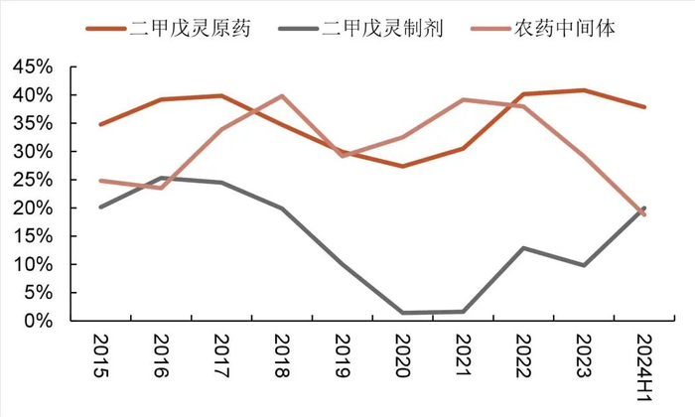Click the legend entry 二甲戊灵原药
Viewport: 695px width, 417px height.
click(x=190, y=28)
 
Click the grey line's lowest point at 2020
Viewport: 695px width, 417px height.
click(x=402, y=313)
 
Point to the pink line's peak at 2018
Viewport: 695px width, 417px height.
click(x=281, y=96)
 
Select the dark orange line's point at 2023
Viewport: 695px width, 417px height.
click(x=585, y=90)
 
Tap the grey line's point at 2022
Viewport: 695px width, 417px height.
click(x=524, y=248)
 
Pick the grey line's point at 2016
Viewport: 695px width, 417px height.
click(x=160, y=179)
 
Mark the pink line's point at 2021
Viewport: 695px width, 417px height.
click(x=464, y=99)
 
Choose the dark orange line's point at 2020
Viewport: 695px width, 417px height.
click(x=402, y=166)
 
